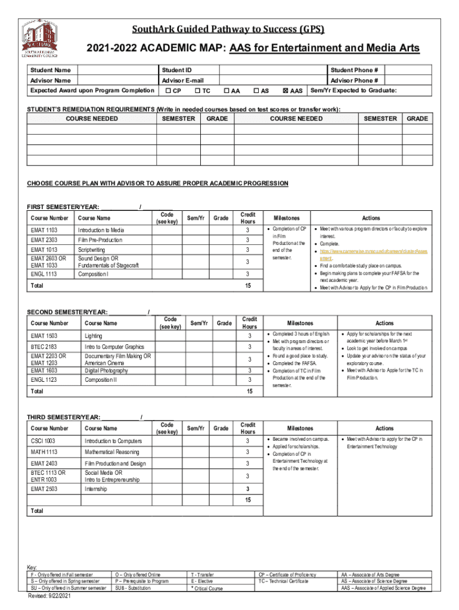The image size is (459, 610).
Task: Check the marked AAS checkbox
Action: coord(286,91)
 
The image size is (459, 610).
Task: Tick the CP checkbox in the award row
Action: coord(169,91)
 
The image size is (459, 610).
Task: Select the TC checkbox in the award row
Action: coord(198,91)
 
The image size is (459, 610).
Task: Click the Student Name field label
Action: coord(51,70)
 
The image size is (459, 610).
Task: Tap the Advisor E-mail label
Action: coord(182,80)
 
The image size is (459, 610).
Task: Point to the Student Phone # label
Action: coord(354,70)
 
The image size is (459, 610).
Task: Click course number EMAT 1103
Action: coord(44,230)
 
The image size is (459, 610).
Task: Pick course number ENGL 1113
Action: coord(44,274)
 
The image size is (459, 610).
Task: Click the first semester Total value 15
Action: coord(248,286)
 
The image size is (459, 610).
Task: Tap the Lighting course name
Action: coord(94,336)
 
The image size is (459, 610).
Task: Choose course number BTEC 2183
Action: coord(44,347)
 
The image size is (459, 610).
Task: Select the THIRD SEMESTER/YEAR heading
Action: coord(63,416)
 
